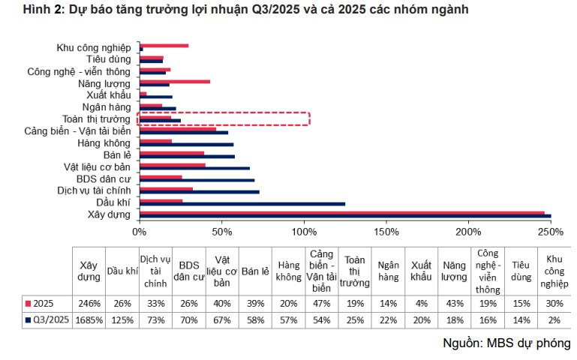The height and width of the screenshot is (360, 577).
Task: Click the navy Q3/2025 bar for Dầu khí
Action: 242,203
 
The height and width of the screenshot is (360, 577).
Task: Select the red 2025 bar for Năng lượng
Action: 174,81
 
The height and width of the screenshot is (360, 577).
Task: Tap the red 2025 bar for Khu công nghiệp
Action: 164,46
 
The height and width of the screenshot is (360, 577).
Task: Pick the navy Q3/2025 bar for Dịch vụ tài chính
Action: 199,191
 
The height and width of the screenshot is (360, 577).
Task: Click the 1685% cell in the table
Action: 89,319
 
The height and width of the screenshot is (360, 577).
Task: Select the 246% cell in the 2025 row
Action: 89,302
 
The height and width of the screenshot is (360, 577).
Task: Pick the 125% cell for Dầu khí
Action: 122,319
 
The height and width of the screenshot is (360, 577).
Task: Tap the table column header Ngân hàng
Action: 388,271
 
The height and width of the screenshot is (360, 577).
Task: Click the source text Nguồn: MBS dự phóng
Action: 506,343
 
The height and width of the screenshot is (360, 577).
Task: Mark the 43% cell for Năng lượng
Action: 453,302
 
